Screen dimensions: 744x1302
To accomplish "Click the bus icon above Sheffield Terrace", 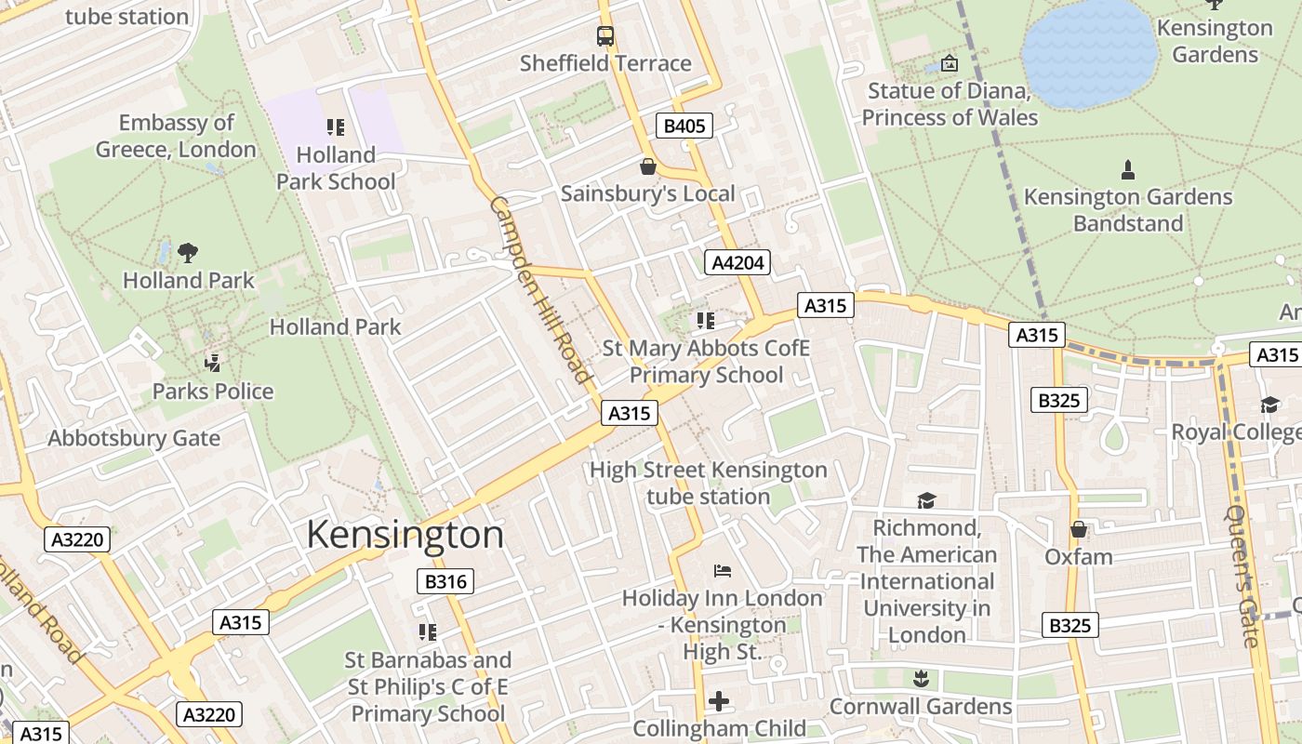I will (x=605, y=36).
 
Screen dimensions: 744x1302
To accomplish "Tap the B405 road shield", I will (x=684, y=126).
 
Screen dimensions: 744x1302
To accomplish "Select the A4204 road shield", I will (x=737, y=263).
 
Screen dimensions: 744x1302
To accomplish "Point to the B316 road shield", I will (x=445, y=582).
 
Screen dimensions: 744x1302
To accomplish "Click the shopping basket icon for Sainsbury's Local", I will (x=648, y=166).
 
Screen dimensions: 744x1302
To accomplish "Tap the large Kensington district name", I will (x=405, y=535).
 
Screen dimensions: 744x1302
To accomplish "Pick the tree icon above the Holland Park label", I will (x=188, y=252).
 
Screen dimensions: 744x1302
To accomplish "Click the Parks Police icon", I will (x=213, y=363).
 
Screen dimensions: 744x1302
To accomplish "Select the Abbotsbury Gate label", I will (x=134, y=438).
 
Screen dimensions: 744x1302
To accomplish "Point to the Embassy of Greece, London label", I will (x=176, y=136).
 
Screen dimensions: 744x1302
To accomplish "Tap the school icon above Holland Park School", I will (x=336, y=127).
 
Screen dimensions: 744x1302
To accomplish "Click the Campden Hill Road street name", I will (x=541, y=289).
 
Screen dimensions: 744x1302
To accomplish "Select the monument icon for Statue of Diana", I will (x=949, y=63).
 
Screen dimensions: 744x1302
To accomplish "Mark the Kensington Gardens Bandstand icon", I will (x=1128, y=169).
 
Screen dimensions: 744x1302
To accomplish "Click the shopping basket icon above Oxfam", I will (x=1078, y=529).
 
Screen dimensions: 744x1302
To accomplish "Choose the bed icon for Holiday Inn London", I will (x=723, y=570).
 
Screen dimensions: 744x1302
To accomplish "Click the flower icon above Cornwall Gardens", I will (x=921, y=678).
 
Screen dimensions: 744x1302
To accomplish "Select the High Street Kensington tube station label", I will (x=708, y=483).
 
